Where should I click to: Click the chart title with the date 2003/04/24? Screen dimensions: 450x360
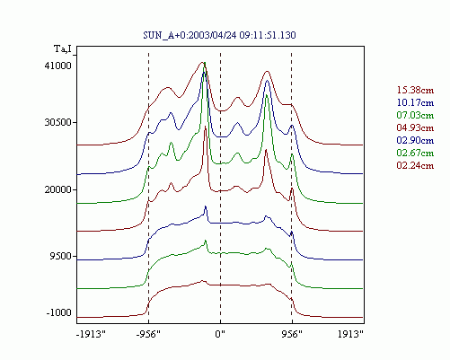point(219,35)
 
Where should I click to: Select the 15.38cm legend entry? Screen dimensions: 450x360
point(415,90)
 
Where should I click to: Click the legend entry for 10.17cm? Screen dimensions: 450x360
point(415,102)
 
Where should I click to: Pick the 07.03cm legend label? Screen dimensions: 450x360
point(415,115)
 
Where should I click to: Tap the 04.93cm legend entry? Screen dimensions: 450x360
point(415,127)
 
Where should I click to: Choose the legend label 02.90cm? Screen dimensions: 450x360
point(415,140)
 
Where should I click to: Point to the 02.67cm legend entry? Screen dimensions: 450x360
point(415,153)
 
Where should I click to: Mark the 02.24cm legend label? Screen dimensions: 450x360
point(415,165)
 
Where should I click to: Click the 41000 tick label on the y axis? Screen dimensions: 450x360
point(58,66)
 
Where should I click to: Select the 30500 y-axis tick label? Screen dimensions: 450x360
point(58,122)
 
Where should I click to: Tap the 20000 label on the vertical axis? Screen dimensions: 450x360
point(58,189)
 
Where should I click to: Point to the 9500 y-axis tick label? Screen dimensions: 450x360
point(61,256)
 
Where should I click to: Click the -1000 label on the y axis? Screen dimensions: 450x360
point(59,312)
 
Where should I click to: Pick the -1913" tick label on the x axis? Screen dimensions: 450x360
point(92,334)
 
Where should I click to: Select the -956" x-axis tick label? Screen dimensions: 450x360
point(148,334)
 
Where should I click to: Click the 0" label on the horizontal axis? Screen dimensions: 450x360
point(220,334)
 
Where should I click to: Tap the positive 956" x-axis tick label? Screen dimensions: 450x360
point(292,334)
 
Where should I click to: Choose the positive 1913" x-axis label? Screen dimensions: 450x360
point(351,334)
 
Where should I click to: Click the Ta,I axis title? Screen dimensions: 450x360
point(63,48)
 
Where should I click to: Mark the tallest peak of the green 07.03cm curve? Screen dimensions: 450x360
point(205,63)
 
